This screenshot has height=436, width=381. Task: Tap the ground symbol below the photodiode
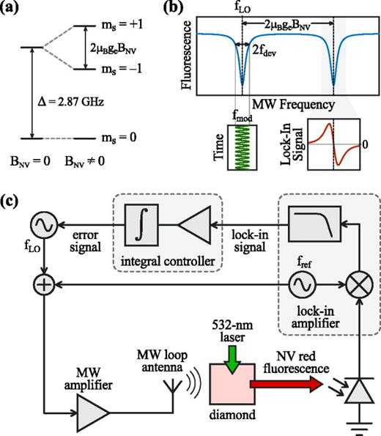pyautogui.click(x=360, y=426)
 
